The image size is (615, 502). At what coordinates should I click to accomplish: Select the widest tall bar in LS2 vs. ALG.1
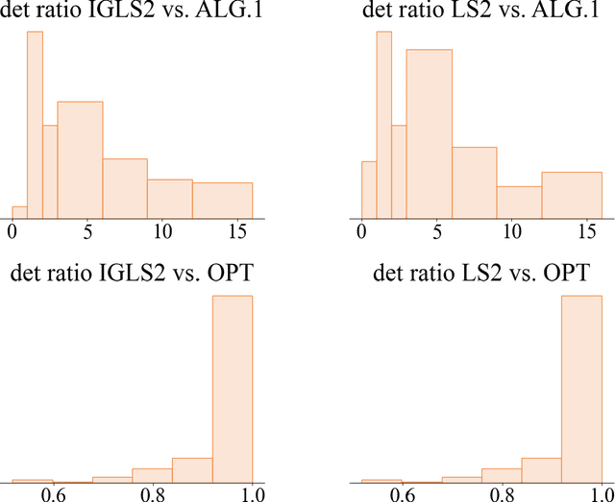429,134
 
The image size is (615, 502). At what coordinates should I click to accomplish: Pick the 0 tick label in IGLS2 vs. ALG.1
12,231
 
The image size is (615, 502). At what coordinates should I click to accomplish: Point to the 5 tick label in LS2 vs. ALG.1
436,231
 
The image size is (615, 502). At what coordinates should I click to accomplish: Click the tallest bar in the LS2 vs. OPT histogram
581,389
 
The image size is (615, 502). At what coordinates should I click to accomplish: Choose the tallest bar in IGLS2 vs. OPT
233,389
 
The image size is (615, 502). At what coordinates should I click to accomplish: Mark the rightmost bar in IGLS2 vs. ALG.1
222,201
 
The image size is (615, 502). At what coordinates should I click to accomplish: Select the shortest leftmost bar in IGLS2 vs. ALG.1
19,212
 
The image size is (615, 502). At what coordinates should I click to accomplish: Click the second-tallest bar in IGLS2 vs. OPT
192,470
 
